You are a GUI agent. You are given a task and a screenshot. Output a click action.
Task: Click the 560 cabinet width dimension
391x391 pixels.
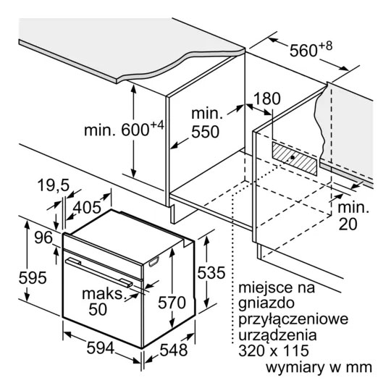tap(311, 50)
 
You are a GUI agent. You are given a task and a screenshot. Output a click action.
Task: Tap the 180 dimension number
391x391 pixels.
tap(266, 98)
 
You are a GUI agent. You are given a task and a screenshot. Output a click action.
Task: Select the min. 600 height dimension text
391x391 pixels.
tap(124, 128)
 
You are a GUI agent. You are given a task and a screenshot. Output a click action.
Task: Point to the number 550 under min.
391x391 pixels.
tap(205, 132)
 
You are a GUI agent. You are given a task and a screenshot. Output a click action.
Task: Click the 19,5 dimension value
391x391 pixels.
tap(53, 185)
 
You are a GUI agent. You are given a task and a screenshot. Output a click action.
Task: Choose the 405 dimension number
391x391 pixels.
tap(87, 208)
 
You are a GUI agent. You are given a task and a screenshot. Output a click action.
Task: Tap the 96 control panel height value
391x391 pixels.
tap(43, 237)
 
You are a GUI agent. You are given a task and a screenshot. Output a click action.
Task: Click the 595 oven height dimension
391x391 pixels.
tap(33, 277)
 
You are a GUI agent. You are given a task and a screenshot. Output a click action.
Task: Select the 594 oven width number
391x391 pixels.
tap(100, 348)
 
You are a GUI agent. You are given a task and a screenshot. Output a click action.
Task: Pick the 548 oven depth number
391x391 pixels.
tap(174, 350)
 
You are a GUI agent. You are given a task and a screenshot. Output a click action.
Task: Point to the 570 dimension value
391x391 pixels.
tap(172, 303)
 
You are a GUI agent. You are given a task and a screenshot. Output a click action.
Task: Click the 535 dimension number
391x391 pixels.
tap(211, 272)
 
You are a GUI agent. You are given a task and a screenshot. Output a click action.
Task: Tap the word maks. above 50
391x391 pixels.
tap(104, 294)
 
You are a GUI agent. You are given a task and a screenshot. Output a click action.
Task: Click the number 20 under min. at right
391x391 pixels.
tap(348, 224)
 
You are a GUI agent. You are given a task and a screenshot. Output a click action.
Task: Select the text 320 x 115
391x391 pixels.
tap(274, 350)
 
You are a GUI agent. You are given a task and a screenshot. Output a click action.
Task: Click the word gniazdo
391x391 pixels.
tap(266, 303)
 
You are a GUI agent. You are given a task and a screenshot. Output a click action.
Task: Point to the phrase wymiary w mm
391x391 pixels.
tap(319, 367)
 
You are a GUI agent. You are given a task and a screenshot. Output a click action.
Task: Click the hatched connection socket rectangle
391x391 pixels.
tap(295, 159)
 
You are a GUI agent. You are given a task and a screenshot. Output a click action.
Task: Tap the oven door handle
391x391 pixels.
tap(99, 272)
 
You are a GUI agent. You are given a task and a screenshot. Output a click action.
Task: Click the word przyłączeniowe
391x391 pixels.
tap(293, 319)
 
